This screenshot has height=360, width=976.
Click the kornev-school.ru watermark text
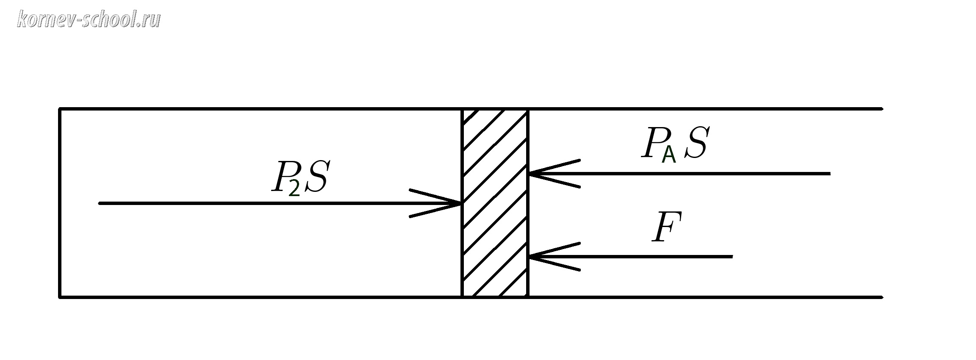[89, 19]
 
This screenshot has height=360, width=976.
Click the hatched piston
[495, 203]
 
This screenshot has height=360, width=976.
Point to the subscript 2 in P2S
[294, 188]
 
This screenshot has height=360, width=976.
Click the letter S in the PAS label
[696, 143]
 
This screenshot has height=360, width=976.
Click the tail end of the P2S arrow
[100, 203]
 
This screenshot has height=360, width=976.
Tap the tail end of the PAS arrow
[829, 173]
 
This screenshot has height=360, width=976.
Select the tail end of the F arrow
[732, 257]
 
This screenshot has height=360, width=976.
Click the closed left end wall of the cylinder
[60, 203]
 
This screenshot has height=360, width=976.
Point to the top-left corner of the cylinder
[60, 109]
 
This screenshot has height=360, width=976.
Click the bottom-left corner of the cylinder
[60, 297]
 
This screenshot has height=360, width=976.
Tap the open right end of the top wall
[881, 109]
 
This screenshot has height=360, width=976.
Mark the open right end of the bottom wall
[881, 297]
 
